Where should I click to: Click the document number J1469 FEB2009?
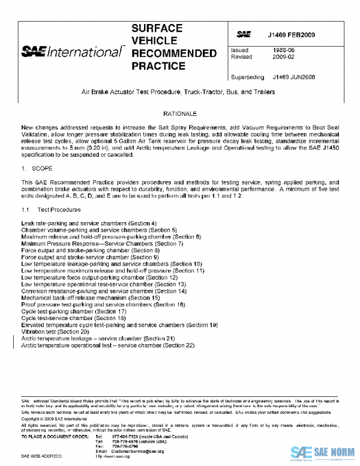click(292, 35)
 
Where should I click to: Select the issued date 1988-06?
click(281, 51)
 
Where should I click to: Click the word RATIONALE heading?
click(179, 113)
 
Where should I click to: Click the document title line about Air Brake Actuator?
click(179, 92)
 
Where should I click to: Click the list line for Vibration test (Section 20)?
click(55, 331)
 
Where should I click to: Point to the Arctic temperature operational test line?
click(108, 345)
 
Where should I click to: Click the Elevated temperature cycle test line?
click(119, 325)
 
